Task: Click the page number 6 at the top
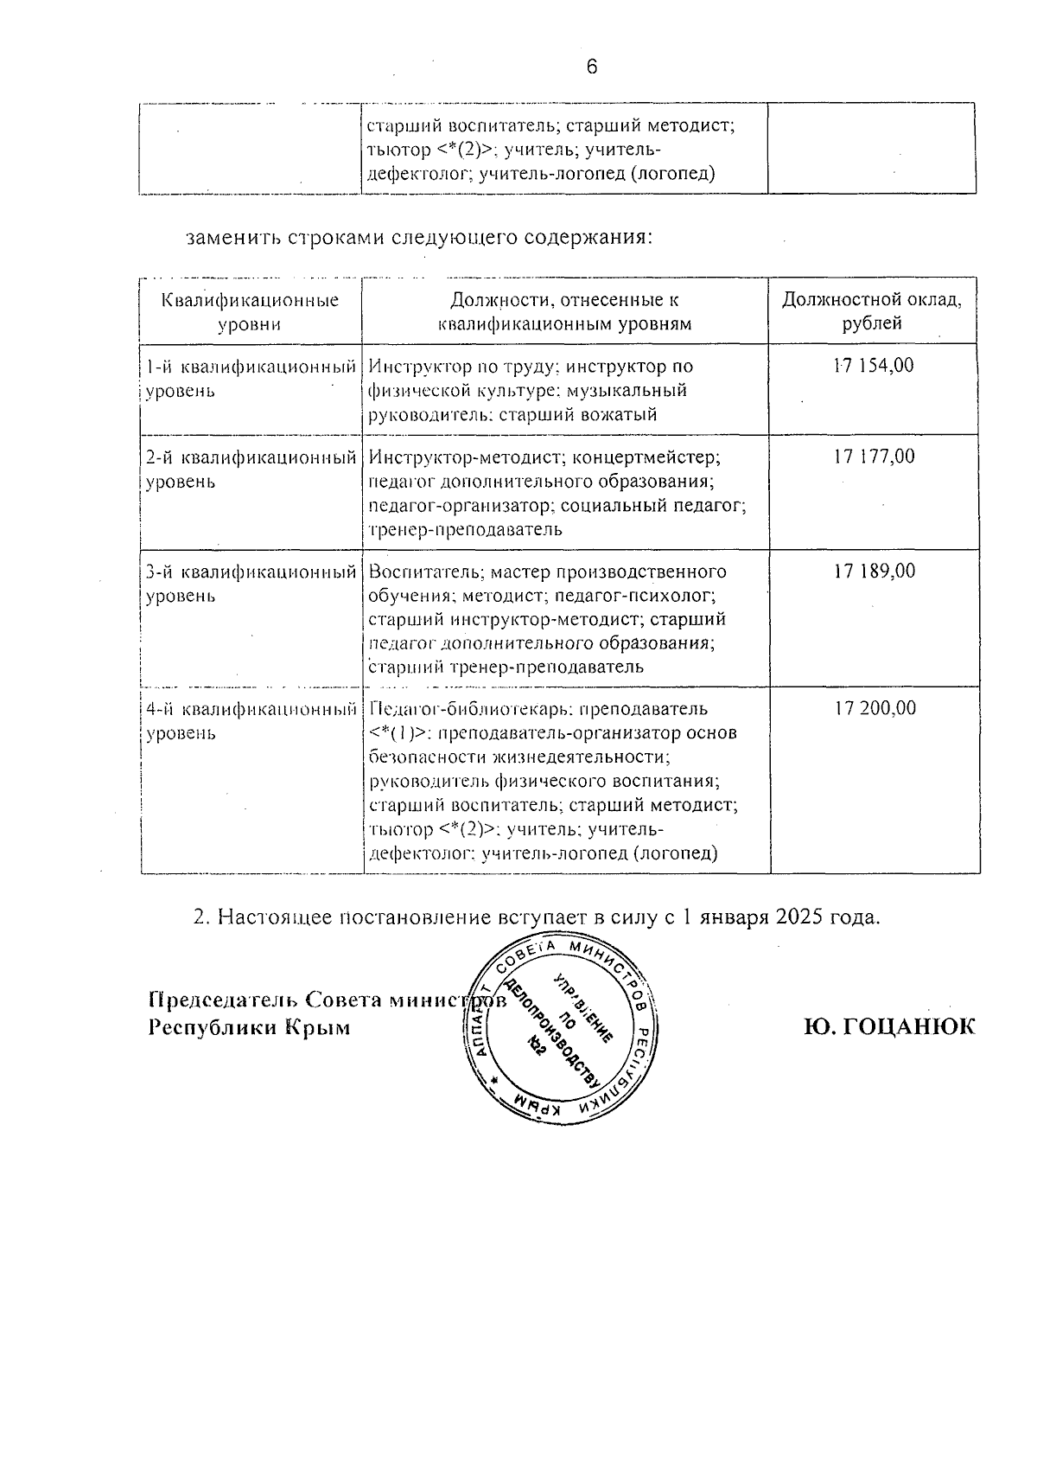click(592, 67)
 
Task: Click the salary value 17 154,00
click(873, 366)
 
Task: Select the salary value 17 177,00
click(874, 457)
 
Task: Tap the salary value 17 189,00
click(874, 571)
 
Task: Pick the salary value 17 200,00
click(875, 708)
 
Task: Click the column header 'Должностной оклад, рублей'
click(872, 312)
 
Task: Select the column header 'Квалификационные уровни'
click(250, 312)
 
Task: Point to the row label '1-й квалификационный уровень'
click(251, 378)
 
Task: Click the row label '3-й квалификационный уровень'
click(251, 583)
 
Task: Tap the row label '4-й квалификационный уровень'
click(251, 720)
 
